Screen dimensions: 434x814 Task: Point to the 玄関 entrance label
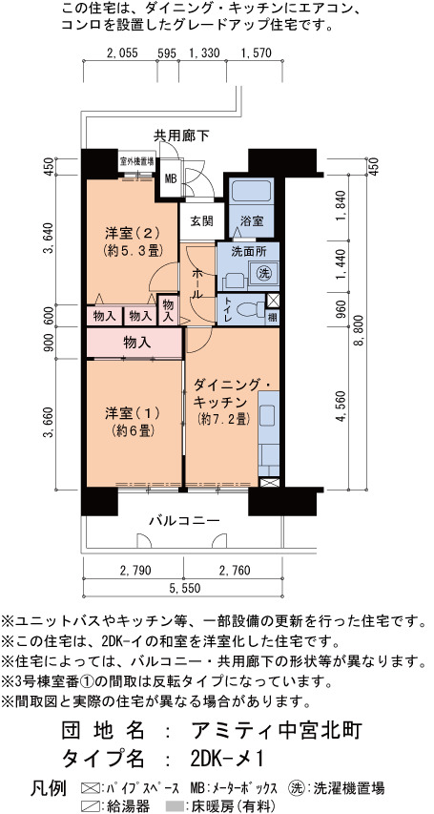pos(201,221)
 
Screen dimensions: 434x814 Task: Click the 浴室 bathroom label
pos(251,221)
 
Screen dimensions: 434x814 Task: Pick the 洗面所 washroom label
pos(249,251)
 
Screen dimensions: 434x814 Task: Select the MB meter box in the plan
pos(171,179)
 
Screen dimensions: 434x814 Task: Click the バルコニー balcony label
pos(185,520)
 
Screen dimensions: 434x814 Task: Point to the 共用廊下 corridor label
pos(180,136)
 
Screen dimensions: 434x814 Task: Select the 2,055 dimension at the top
pos(121,52)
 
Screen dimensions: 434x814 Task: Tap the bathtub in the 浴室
pos(251,191)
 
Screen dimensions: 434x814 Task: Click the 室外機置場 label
pos(136,161)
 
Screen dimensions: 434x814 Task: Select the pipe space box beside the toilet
pos(273,301)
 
